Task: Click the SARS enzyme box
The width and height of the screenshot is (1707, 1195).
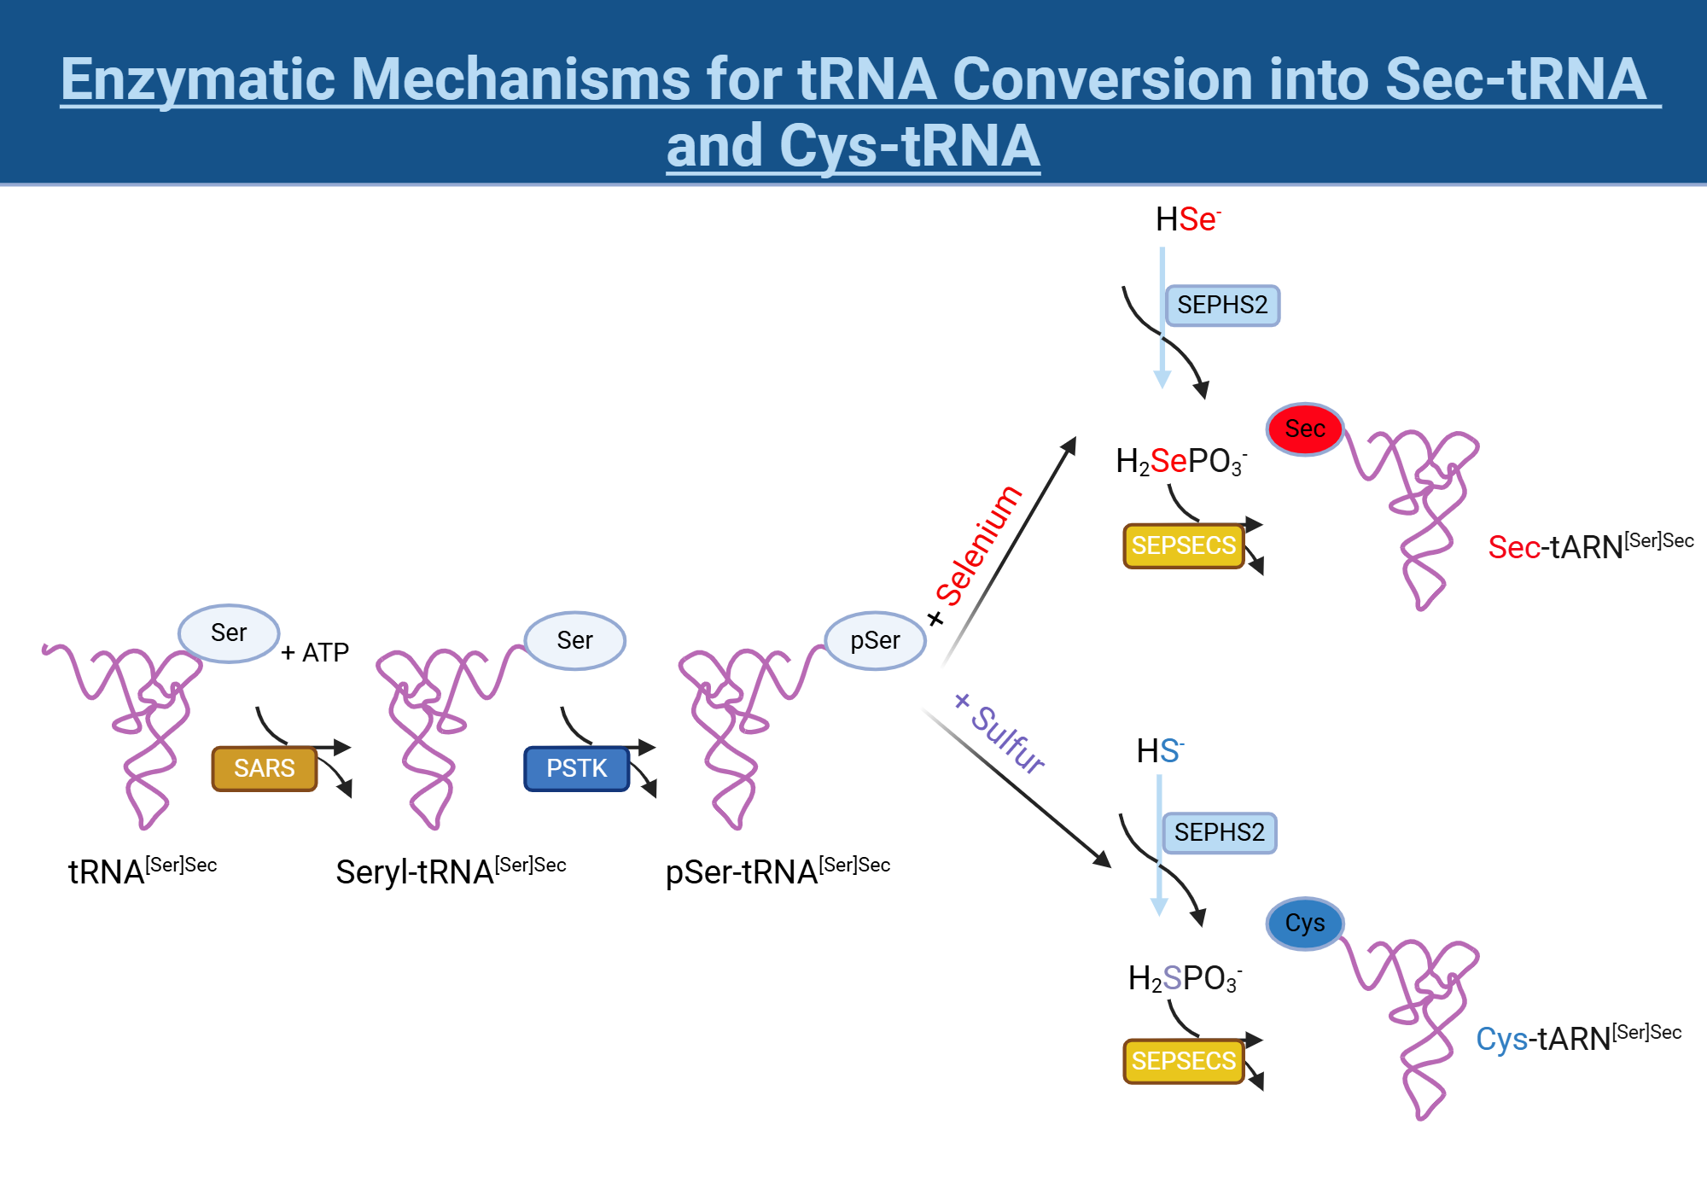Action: (x=264, y=768)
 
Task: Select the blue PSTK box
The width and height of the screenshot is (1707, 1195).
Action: (x=576, y=768)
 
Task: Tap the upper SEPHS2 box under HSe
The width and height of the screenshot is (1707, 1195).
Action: (x=1222, y=305)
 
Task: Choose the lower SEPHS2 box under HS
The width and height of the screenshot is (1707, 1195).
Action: (x=1219, y=832)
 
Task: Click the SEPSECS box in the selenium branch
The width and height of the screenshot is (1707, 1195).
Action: (x=1183, y=545)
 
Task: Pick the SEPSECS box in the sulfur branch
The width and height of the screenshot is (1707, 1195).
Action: (x=1183, y=1061)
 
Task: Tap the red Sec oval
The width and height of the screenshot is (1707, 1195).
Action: (x=1304, y=428)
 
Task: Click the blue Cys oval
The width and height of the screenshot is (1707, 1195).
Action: (x=1304, y=923)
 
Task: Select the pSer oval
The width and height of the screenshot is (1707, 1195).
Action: (x=875, y=640)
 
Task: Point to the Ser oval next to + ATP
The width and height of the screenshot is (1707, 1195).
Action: (x=229, y=632)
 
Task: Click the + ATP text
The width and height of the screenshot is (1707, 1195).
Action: (x=315, y=653)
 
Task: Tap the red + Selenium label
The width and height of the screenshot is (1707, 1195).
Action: (x=976, y=555)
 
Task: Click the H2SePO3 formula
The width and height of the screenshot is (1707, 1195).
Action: (x=1180, y=462)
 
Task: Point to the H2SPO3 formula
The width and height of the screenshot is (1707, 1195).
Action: (x=1184, y=978)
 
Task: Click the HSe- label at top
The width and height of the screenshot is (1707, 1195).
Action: (x=1187, y=219)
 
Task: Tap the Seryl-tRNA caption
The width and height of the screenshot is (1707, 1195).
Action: (x=450, y=871)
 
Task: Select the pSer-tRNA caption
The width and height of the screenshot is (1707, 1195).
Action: (x=777, y=871)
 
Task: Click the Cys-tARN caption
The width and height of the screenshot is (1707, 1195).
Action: (x=1577, y=1038)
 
